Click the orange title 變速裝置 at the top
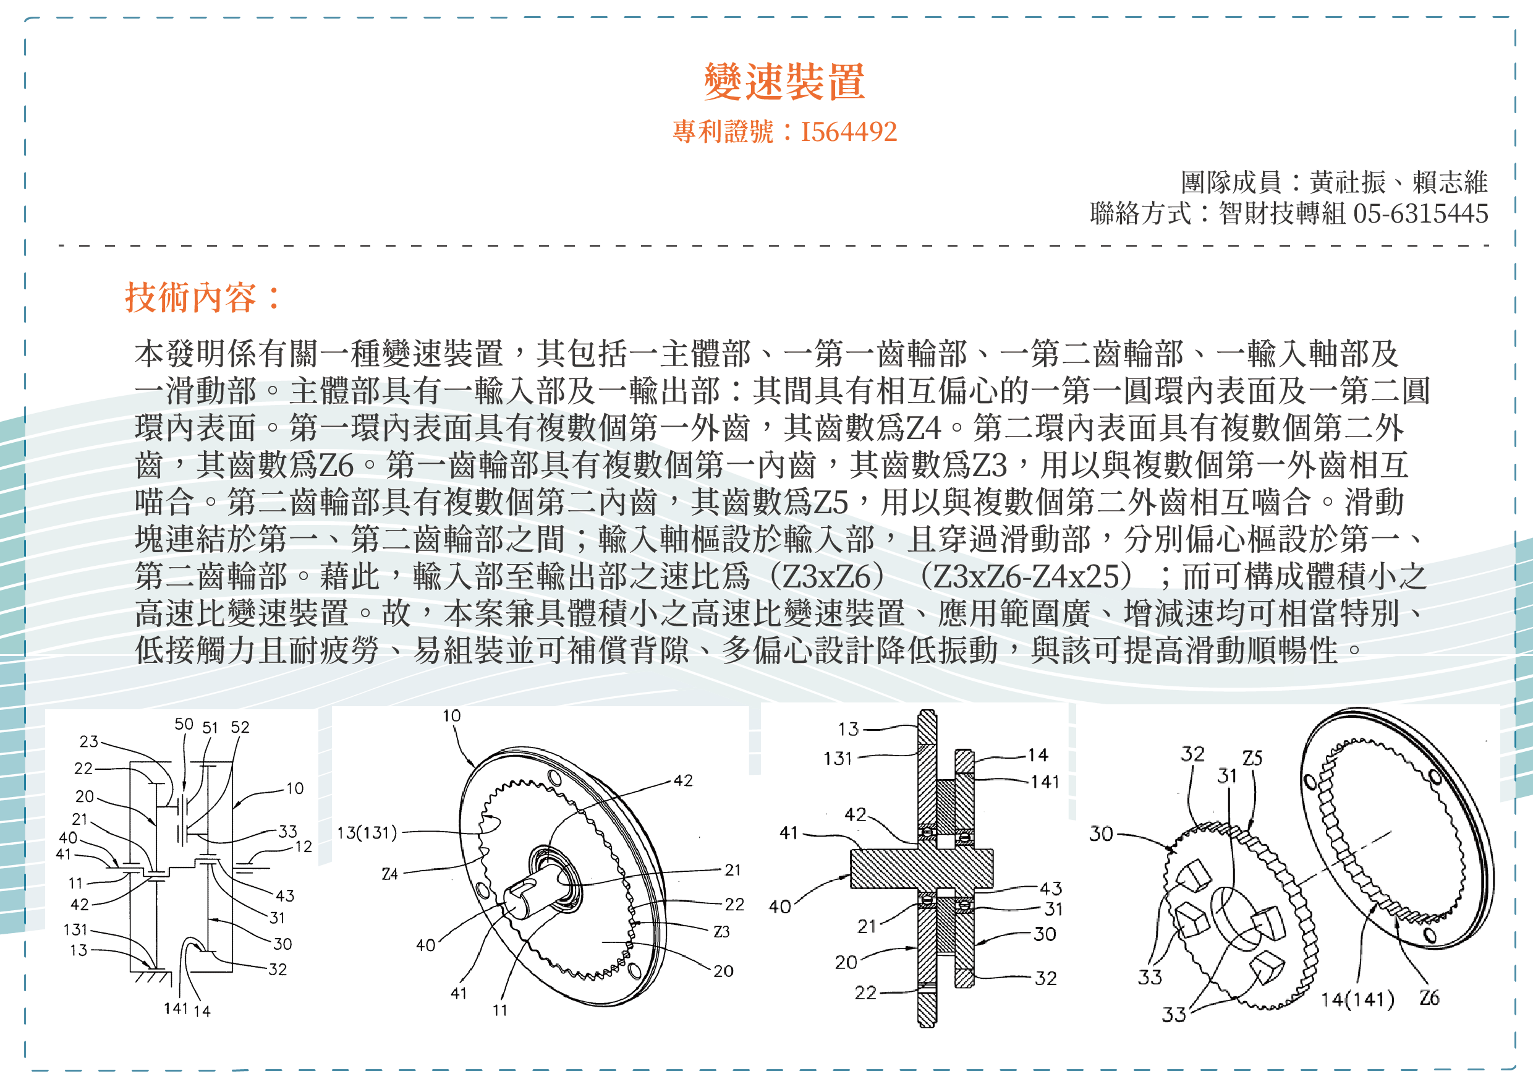[784, 82]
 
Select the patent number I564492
[848, 132]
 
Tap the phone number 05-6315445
[1420, 214]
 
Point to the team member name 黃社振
[1347, 182]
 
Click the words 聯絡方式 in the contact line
[1140, 214]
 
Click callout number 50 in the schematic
[184, 724]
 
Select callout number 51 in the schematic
[210, 728]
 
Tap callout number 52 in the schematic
[240, 727]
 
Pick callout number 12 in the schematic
[304, 847]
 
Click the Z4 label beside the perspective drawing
[390, 874]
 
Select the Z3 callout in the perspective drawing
[721, 931]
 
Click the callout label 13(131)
[367, 833]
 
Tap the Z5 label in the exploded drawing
[1252, 759]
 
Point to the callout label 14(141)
[1357, 1000]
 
